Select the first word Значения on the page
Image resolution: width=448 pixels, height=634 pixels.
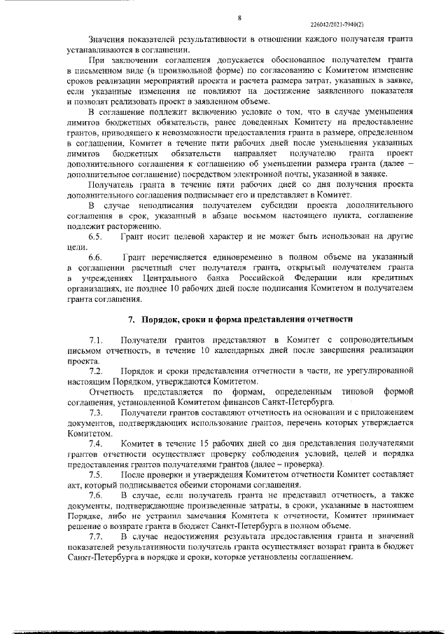click(x=108, y=39)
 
